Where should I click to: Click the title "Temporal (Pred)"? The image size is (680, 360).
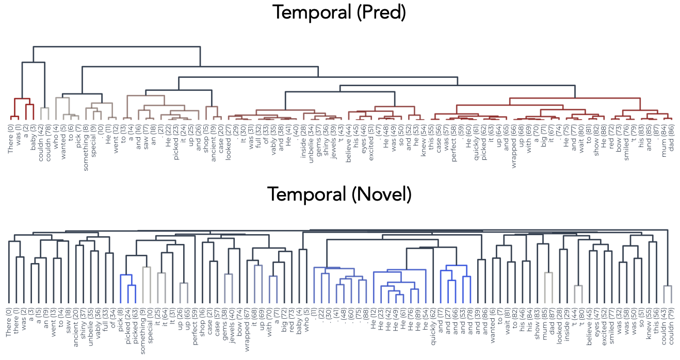(339, 12)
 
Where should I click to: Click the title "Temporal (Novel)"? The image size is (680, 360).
(339, 194)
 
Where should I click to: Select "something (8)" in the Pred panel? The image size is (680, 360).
(86, 139)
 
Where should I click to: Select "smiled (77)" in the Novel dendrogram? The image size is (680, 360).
(612, 322)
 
